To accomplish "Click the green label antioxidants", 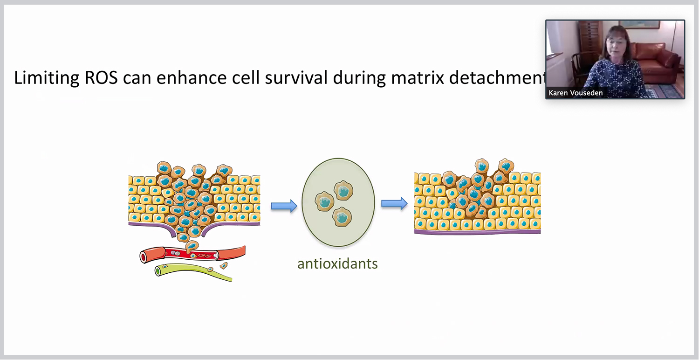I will [x=337, y=263].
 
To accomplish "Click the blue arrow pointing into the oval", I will [x=284, y=206].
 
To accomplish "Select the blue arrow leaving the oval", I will [x=394, y=203].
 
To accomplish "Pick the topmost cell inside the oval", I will [x=344, y=190].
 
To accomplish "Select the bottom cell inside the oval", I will [x=342, y=216].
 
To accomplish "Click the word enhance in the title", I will [x=190, y=78].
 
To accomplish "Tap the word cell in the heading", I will [x=245, y=78].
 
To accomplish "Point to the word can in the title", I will [x=137, y=78].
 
